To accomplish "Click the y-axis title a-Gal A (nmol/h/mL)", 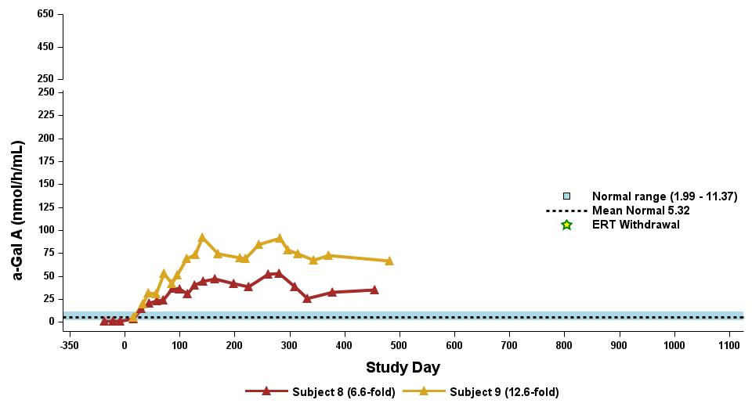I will point(18,211).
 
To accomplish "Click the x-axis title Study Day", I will point(403,367).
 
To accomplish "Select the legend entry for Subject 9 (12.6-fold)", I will point(503,391).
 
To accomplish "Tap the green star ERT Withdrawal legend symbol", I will point(566,225).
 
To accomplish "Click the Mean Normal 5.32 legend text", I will point(641,211).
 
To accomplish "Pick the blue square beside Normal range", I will point(566,196).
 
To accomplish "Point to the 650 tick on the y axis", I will point(45,15).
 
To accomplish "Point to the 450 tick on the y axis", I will point(45,47).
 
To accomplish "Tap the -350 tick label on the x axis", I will point(69,344).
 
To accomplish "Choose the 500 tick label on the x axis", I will point(399,344).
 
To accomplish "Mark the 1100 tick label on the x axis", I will point(729,344).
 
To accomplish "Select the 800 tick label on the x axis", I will point(564,344).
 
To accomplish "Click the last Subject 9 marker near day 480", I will point(389,261).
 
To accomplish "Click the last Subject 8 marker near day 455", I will point(374,290).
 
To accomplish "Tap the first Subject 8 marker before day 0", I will point(104,321).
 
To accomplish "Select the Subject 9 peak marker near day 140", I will point(202,237).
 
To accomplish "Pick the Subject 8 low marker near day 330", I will point(307,298).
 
